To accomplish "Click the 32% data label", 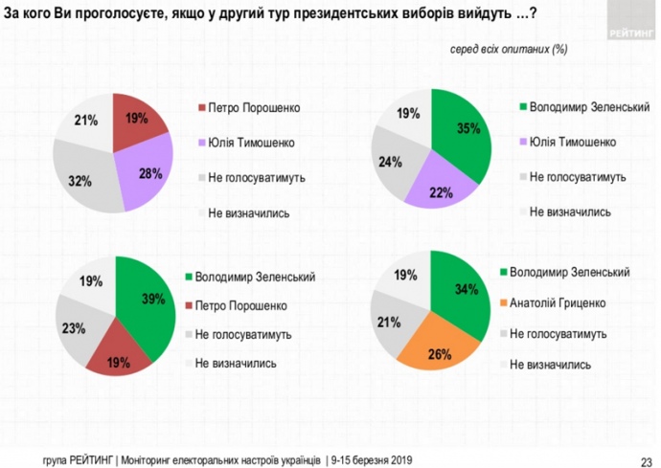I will pos(76,179).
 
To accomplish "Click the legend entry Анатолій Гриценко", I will pos(557,303).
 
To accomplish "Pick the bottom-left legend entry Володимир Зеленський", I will pos(255,278).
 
